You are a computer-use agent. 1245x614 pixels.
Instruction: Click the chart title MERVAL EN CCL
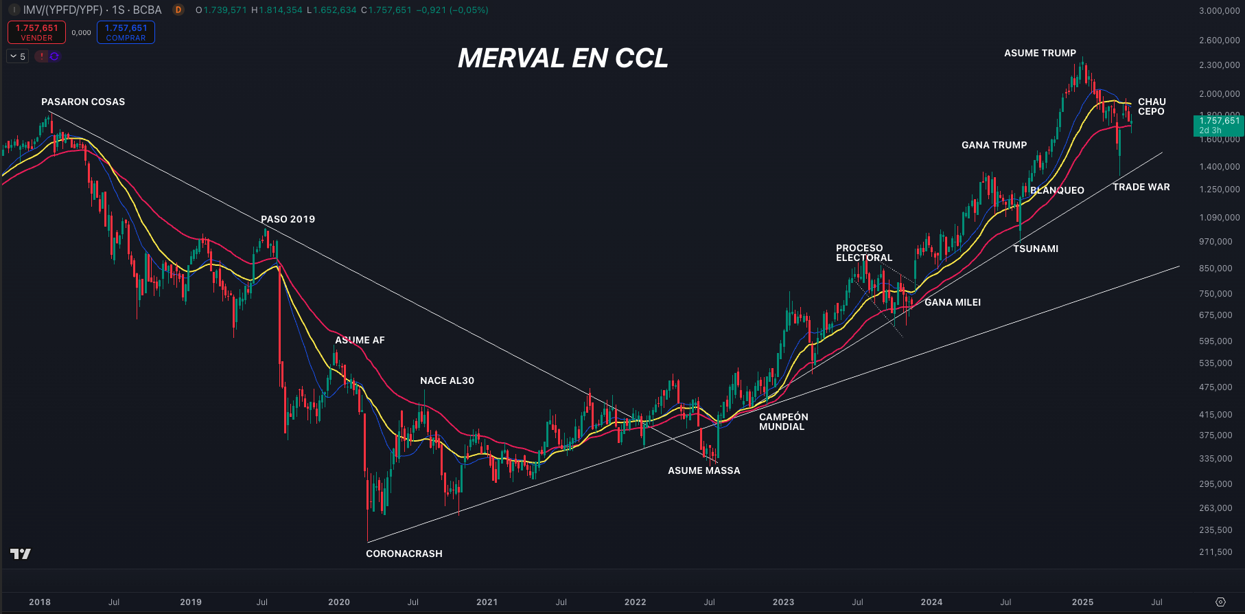click(x=563, y=58)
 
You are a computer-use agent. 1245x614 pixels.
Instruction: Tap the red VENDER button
click(x=36, y=32)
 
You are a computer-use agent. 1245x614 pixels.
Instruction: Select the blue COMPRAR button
click(x=126, y=32)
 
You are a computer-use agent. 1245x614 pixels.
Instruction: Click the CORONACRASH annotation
click(x=404, y=554)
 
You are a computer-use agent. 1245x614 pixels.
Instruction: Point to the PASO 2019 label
click(x=288, y=219)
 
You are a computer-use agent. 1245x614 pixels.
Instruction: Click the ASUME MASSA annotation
click(x=703, y=470)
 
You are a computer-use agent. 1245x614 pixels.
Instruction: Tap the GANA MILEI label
click(x=952, y=302)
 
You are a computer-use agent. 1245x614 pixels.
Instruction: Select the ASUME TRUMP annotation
click(x=1040, y=53)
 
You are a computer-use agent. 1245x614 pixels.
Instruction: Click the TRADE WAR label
click(x=1141, y=187)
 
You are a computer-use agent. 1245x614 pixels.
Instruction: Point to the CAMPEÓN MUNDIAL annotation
click(x=783, y=422)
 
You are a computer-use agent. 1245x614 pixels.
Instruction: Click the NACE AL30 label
click(x=447, y=380)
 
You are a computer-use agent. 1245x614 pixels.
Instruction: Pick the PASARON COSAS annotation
click(x=83, y=102)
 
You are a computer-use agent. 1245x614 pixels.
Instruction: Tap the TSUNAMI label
click(x=1035, y=249)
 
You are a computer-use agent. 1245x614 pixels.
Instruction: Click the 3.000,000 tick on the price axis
click(x=1219, y=11)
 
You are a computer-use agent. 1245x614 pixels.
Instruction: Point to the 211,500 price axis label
click(x=1215, y=552)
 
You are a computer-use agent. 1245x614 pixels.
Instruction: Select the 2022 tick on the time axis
click(x=635, y=602)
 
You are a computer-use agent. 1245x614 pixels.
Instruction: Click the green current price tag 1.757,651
click(x=1218, y=125)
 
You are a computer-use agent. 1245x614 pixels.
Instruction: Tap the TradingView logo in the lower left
click(x=21, y=554)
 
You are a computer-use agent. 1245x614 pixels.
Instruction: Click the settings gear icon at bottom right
click(x=1220, y=602)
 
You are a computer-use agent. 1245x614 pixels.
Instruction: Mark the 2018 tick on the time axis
click(x=40, y=602)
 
